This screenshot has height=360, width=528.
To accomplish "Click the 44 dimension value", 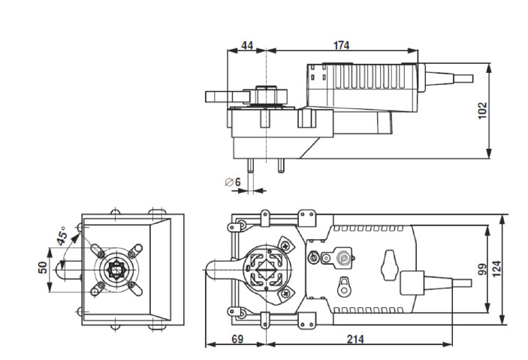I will point(246,45).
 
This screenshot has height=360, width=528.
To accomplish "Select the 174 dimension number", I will point(341,45).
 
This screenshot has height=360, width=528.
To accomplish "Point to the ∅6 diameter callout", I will point(232,182).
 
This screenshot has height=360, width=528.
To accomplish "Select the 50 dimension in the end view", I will point(44,268).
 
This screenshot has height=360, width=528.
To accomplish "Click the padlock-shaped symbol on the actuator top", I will point(344,286).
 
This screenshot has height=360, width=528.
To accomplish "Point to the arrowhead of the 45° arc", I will point(74,244).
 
